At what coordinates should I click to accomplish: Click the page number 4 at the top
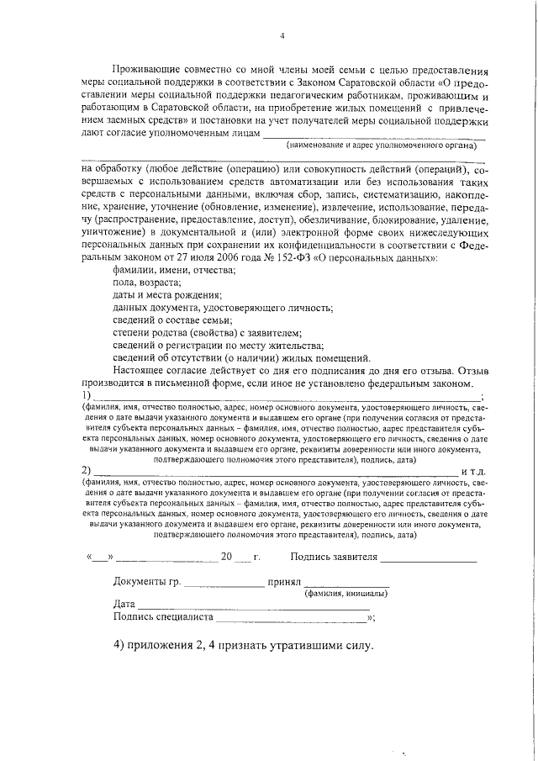[282, 35]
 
